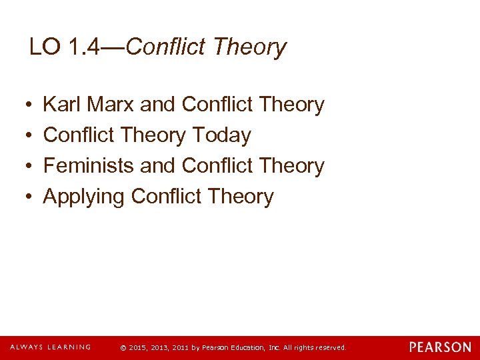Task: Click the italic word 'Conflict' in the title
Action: click(166, 47)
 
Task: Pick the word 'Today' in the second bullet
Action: click(221, 135)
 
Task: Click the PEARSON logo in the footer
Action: click(439, 347)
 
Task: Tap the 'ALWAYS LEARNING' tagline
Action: click(50, 347)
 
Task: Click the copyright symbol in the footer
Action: click(122, 348)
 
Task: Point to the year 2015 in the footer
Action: click(136, 348)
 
